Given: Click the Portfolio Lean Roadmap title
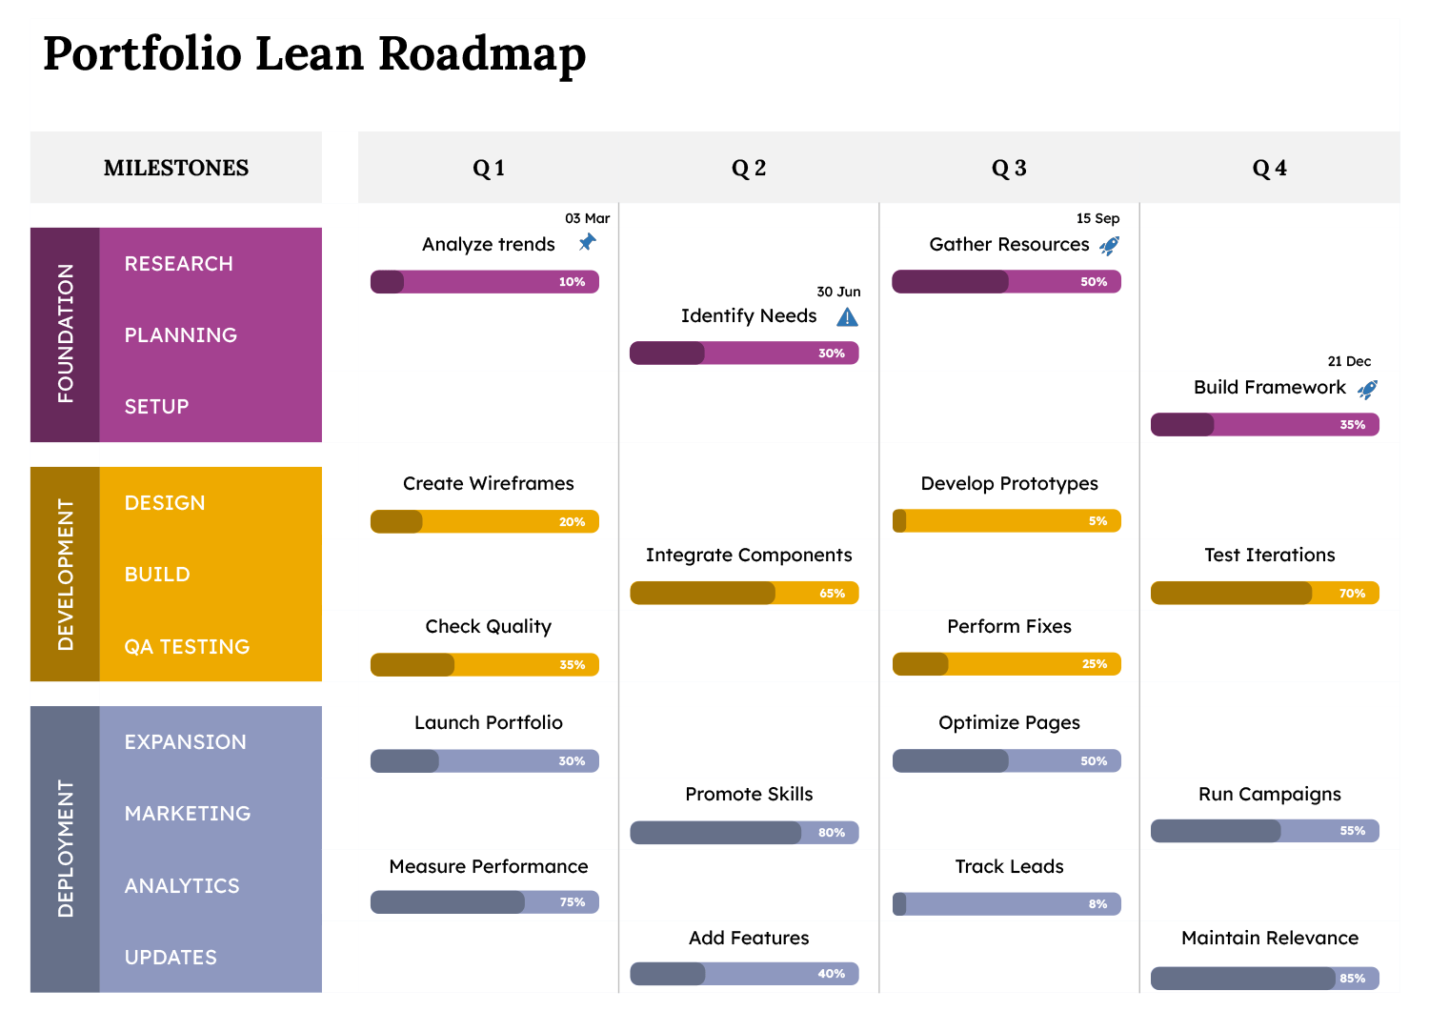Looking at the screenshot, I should pos(314,53).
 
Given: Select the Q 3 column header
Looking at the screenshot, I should pos(1009,169).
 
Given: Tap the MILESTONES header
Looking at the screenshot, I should pos(176,168).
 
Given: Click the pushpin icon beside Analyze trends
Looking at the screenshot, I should pos(587,243).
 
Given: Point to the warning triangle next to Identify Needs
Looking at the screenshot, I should pos(847,316).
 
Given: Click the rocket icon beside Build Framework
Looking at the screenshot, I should pos(1367,389).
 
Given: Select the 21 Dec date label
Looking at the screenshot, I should pos(1349,361).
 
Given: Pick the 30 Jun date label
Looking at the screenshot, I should pos(838,292).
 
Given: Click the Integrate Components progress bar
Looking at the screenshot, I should pos(744,593).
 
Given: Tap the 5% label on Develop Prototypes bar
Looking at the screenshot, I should pos(1097,521).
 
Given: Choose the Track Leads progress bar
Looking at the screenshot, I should pos(1006,903).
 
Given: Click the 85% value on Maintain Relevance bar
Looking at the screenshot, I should pos(1352,978).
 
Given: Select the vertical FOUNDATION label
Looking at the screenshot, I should pos(65,334).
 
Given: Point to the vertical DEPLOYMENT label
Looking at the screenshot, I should pos(65,848).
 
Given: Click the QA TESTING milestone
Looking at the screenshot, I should pos(187,646).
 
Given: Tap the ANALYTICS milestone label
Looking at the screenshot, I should pos(182,885).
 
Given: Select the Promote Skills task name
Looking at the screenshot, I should pos(749,794).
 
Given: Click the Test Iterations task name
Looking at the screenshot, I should pos(1269,555).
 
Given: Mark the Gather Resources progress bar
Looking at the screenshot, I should pos(1006,281).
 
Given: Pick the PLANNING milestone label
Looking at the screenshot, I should pos(181,335).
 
